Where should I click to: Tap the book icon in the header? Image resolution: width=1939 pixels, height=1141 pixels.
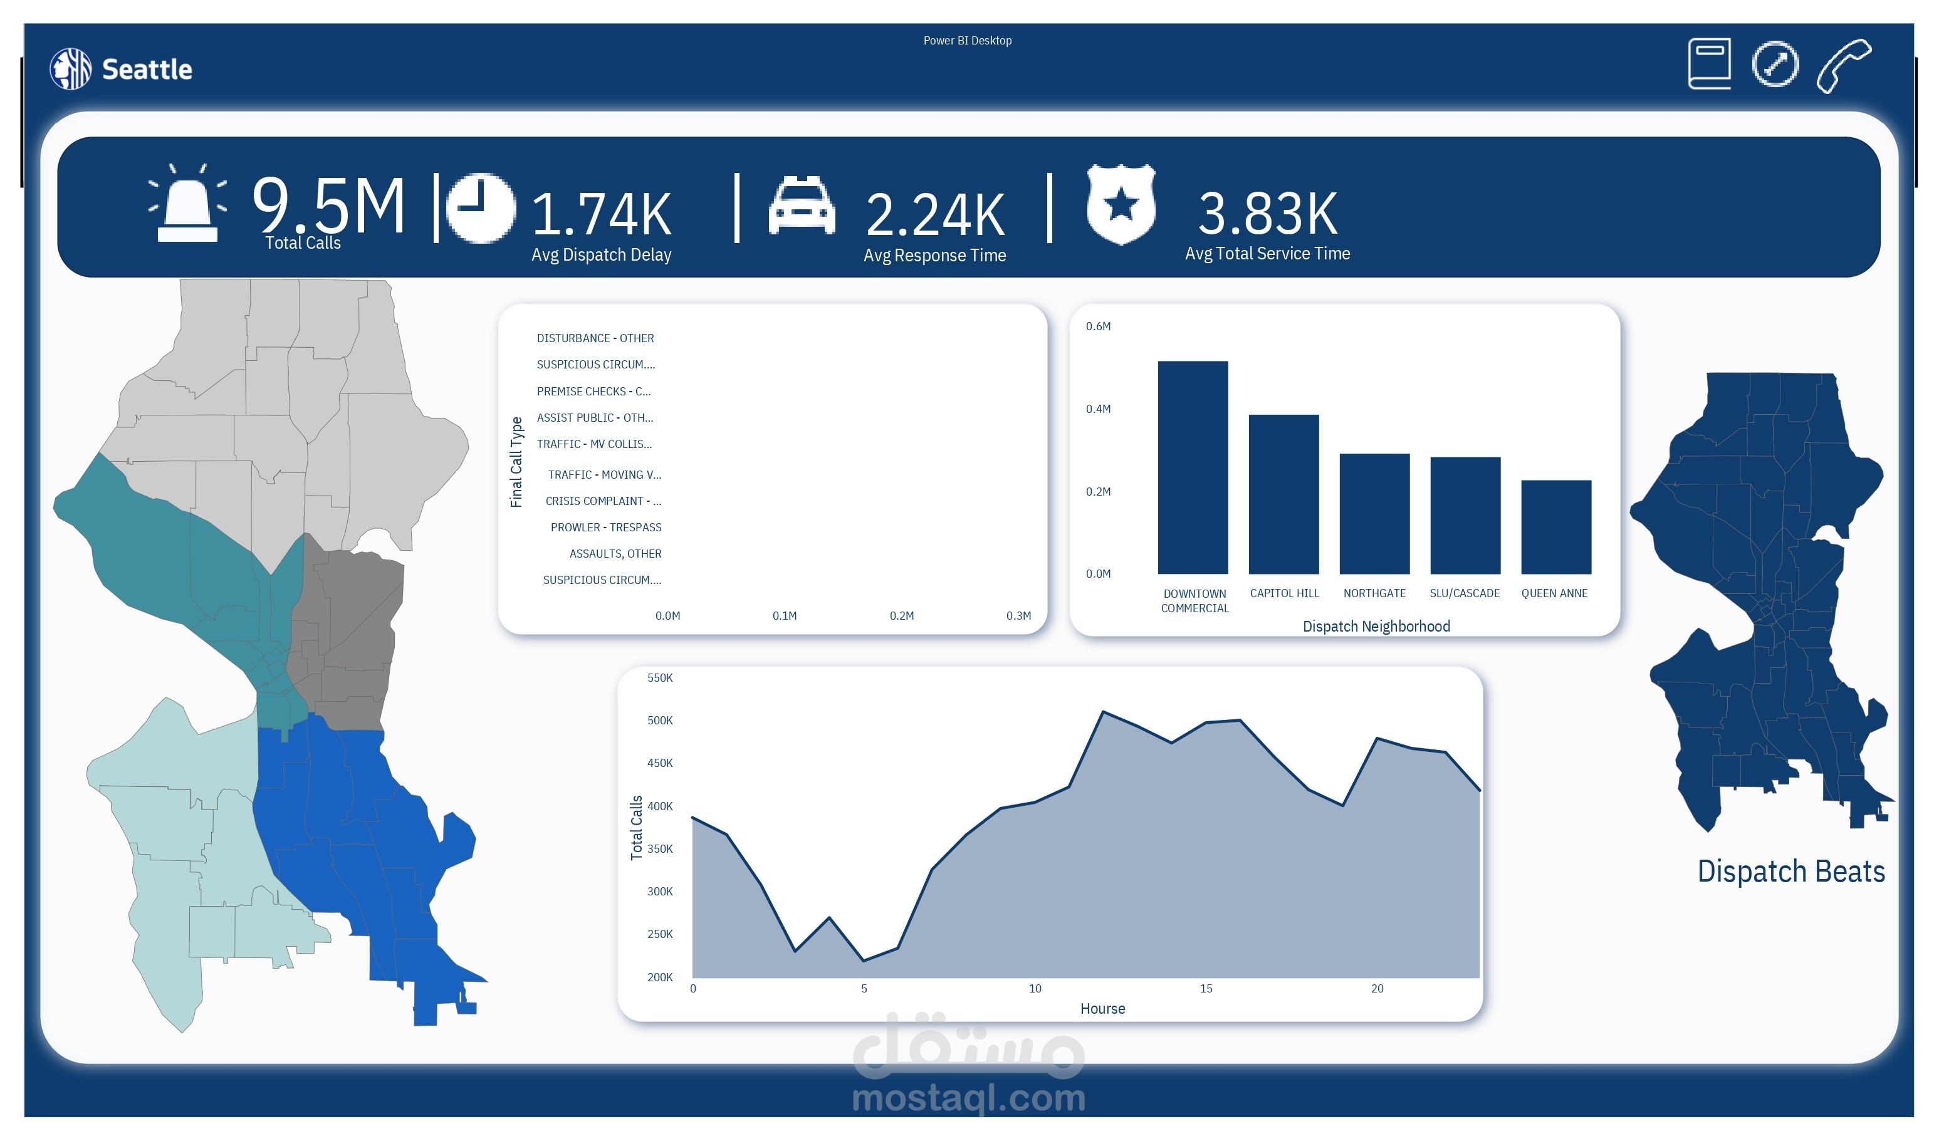click(1709, 63)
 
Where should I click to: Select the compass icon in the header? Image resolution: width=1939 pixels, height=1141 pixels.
click(1774, 64)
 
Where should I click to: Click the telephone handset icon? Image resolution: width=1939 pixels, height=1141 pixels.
click(1844, 65)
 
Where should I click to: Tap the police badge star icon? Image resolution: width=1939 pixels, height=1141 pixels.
click(1121, 204)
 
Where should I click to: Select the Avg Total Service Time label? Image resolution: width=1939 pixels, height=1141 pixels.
click(1267, 253)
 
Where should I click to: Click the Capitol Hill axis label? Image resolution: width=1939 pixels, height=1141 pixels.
click(1284, 593)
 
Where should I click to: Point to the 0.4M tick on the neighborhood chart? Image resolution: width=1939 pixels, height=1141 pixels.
click(1098, 409)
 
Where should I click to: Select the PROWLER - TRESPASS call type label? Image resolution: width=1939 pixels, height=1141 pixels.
click(605, 527)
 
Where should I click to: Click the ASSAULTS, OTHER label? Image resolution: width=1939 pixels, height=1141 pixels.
click(615, 553)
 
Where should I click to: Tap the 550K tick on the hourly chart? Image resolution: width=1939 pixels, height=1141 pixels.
click(659, 678)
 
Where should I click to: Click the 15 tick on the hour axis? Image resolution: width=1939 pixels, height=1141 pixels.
click(1206, 988)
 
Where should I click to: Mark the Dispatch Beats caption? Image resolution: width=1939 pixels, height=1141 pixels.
click(1790, 871)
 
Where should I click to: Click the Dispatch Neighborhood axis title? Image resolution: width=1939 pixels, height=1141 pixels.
click(1376, 627)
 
